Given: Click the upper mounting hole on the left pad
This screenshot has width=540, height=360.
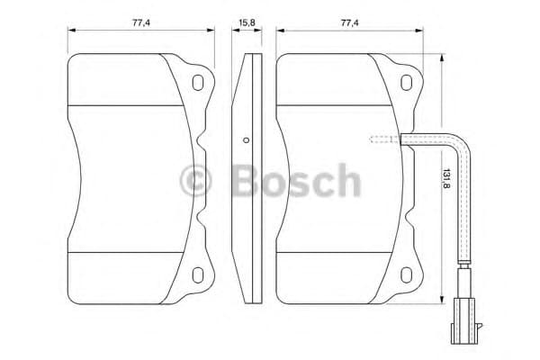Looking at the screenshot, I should click(198, 84).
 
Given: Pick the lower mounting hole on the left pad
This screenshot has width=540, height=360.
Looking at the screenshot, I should click(198, 271).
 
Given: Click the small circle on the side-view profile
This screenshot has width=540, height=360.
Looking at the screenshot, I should click(246, 140).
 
